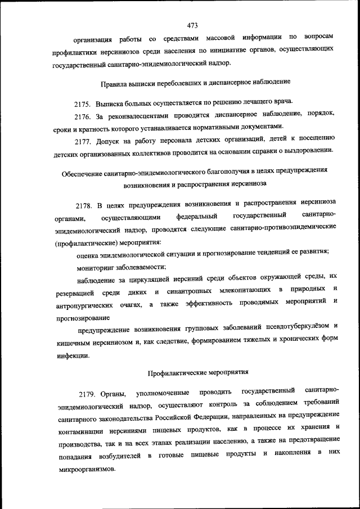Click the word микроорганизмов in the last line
pos(87,468)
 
